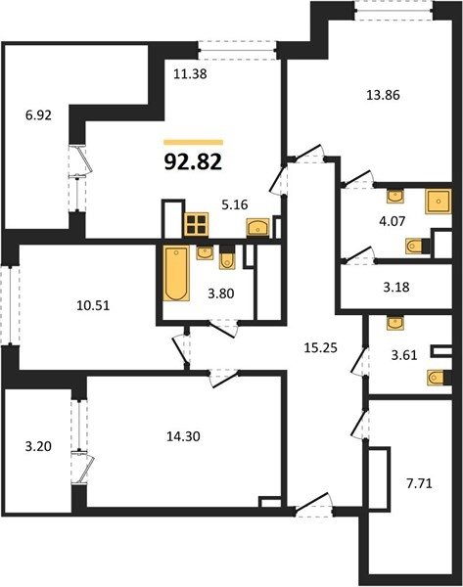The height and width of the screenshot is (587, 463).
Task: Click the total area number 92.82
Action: [193, 162]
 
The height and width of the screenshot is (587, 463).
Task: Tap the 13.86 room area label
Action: [383, 95]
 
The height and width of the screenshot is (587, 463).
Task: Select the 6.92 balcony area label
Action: [38, 115]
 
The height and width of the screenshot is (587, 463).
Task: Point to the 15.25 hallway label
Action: [321, 347]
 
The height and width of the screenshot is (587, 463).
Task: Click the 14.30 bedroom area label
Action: [183, 435]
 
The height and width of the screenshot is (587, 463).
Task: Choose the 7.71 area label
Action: [419, 483]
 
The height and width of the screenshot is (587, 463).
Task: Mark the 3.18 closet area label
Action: [396, 287]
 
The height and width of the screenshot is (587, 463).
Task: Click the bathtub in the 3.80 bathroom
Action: [176, 273]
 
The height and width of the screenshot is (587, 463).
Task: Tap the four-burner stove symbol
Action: [196, 225]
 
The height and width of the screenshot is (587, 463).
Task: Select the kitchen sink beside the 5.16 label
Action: [257, 227]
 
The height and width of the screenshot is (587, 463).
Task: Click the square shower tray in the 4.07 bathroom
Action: [438, 202]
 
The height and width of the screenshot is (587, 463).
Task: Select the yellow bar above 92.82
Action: [193, 142]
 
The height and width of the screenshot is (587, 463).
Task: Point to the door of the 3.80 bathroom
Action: [223, 328]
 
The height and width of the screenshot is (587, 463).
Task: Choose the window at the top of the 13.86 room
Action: [394, 10]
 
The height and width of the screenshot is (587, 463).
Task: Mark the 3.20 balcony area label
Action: [38, 446]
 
